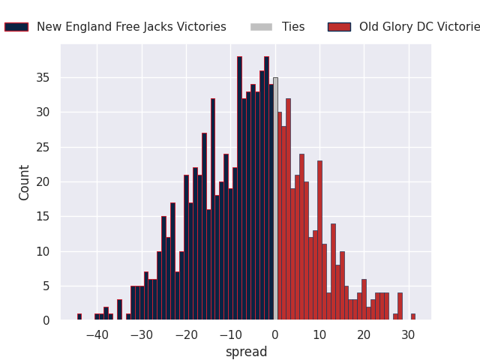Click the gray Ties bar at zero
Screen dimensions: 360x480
coord(275,199)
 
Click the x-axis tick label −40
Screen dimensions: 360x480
coord(97,335)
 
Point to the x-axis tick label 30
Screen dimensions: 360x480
coord(408,335)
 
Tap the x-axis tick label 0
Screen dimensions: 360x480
coord(275,335)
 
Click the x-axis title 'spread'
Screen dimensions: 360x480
coord(246,352)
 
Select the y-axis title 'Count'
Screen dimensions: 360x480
coord(25,182)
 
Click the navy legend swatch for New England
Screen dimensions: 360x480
coord(16,27)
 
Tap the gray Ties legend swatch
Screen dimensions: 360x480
coord(262,27)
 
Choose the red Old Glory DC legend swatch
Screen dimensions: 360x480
coord(339,27)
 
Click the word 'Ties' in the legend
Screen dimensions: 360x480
coord(293,27)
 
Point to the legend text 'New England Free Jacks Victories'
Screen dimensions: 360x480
coord(131,27)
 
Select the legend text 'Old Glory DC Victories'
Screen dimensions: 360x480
coord(419,27)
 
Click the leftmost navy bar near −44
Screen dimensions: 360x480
coord(79,317)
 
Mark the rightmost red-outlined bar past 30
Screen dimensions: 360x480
coord(412,317)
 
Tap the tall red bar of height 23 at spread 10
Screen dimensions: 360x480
coord(319,240)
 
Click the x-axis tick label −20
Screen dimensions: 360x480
coord(186,335)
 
